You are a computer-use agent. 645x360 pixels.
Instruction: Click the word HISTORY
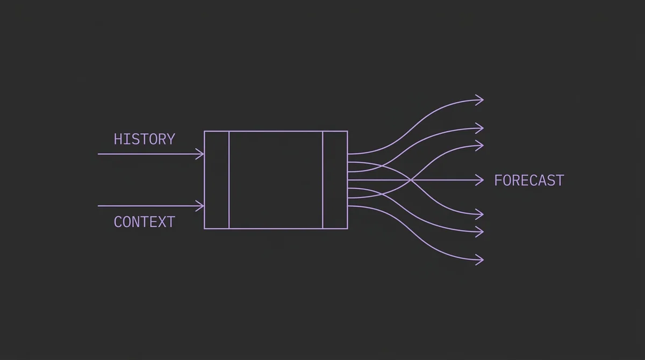144,139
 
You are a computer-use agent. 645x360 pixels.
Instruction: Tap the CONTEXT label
144,222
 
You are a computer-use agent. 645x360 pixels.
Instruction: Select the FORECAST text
529,181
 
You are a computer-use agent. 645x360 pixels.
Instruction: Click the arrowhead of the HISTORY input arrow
200,154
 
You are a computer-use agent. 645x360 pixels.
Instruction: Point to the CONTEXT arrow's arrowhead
200,206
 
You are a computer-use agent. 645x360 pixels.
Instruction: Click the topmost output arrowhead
479,100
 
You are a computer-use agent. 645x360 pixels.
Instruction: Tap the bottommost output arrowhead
479,260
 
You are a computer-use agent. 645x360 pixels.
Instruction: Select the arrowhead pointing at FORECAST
479,180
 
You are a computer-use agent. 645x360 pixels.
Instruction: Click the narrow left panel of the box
217,180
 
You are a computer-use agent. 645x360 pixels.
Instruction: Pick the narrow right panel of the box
335,180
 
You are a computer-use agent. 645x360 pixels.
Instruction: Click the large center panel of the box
276,180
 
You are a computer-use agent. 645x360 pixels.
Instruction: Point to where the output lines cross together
411,180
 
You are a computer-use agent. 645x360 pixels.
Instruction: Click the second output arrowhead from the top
479,128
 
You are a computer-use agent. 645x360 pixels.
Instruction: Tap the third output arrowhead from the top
479,146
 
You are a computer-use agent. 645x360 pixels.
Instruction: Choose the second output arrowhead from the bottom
479,232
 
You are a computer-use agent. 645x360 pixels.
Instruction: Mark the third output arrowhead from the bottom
479,214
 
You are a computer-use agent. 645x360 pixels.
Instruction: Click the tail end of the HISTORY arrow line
98,154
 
